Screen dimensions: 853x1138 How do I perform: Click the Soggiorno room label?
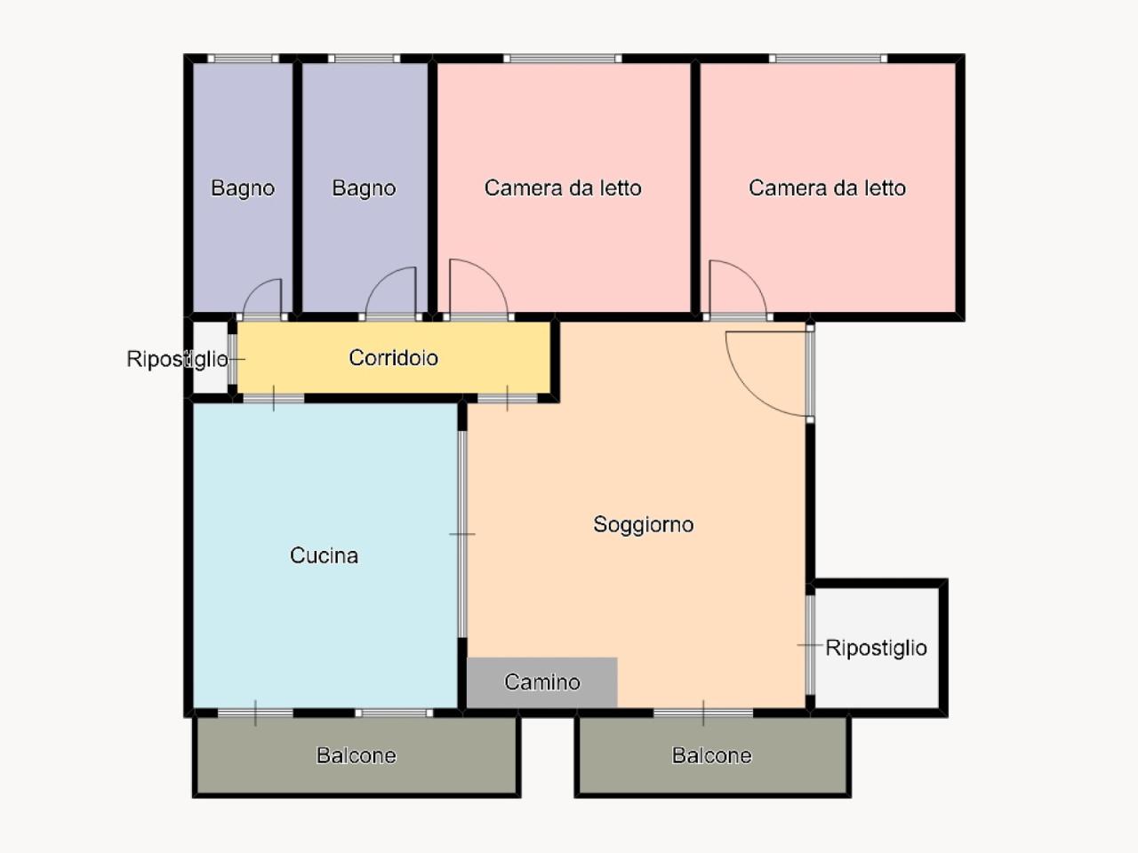click(x=643, y=524)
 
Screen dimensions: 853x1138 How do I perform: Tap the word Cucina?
click(x=324, y=555)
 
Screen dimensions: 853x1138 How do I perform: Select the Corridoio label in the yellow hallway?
click(x=393, y=357)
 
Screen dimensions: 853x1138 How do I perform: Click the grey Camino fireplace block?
click(x=541, y=682)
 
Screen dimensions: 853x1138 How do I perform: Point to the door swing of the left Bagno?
click(x=263, y=299)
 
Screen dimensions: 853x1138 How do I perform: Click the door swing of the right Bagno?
click(x=391, y=293)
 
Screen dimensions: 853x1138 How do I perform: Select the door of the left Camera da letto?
click(x=477, y=289)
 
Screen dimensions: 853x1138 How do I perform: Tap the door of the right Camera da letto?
click(x=736, y=290)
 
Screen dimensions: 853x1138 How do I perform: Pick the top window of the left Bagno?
click(x=244, y=59)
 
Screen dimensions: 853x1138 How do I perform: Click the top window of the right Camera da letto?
click(x=828, y=59)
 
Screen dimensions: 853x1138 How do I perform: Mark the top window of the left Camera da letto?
click(x=562, y=59)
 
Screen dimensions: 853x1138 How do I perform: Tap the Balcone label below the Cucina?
click(x=356, y=755)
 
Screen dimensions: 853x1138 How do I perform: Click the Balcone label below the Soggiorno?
click(x=711, y=755)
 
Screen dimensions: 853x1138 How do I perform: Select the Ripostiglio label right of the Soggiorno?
click(x=876, y=648)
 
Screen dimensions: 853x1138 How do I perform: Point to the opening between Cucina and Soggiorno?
click(x=462, y=533)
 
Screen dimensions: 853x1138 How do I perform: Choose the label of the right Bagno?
click(x=364, y=188)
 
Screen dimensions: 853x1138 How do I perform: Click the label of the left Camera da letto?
click(x=562, y=188)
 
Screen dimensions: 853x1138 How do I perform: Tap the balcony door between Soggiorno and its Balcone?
click(x=703, y=713)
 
